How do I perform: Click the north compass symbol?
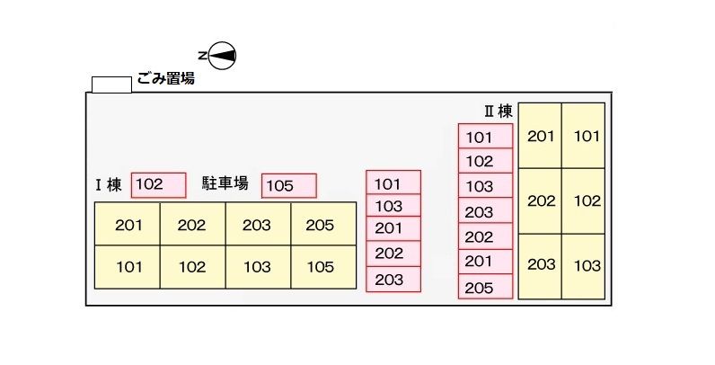[x=221, y=55]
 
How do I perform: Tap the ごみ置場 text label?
[x=166, y=79]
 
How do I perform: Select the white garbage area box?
[x=111, y=84]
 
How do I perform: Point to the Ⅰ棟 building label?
[x=109, y=186]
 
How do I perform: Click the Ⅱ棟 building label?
[x=499, y=111]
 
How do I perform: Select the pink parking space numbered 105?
[x=289, y=186]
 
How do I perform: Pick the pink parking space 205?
[x=486, y=288]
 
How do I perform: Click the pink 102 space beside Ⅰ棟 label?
[x=158, y=185]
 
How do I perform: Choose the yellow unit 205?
[x=320, y=225]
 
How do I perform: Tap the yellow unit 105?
[x=320, y=267]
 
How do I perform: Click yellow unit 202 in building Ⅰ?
[x=192, y=225]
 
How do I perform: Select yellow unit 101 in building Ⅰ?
[x=128, y=267]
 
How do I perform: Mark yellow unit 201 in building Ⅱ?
[x=541, y=136]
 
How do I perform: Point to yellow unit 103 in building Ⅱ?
[x=587, y=265]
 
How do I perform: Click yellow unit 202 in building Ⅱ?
[x=541, y=200]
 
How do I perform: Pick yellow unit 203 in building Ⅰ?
[x=257, y=225]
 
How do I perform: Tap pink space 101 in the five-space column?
[x=393, y=183]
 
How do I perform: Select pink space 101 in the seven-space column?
[x=486, y=137]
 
